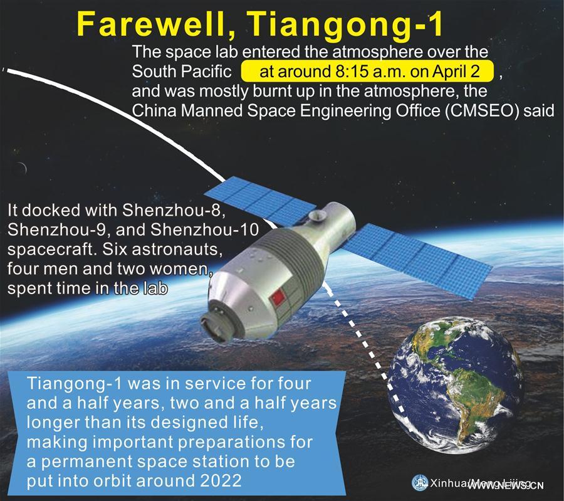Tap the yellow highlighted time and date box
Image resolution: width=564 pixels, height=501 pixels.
368,71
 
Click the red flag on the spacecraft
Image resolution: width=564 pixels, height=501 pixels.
280,296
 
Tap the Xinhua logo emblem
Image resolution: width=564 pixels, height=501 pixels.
418,482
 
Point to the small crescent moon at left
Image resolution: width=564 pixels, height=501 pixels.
23,167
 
